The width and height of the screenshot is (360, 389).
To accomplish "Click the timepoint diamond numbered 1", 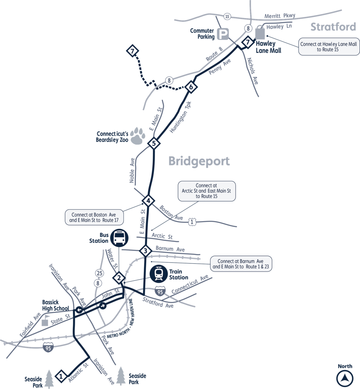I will pos(61,376).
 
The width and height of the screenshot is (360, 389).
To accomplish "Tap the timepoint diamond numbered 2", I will pos(119,278).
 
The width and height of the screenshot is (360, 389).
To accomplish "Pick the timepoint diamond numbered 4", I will pos(148,201).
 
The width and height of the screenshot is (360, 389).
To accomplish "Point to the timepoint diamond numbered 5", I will pos(153,143).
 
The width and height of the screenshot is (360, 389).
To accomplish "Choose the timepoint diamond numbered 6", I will pos(191,87).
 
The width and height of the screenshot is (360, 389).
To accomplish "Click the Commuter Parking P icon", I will pos(223,35).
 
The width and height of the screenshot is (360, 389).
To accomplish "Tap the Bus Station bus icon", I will pos(120,238).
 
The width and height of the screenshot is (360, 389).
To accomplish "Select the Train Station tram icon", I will pos(159,274).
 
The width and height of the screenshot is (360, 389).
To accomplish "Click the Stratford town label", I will pos(333,27).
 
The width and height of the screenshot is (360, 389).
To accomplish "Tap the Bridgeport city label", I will pos(199,161).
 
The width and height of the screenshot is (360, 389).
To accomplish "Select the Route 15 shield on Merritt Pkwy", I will pos(227,16).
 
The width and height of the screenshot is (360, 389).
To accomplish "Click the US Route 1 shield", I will pos(193,221).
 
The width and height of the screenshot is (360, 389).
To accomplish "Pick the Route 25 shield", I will pos(99,273).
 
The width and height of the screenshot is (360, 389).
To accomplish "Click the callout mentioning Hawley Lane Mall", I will pos(329,47).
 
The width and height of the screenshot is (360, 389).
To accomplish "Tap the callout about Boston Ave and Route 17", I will pos(94,217).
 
